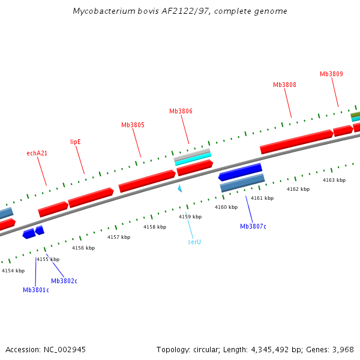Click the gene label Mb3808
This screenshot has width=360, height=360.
tap(284, 85)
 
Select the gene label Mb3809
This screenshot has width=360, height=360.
tap(331, 74)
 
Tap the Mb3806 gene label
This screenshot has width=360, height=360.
tap(181, 111)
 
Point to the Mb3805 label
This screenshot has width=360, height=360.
tap(133, 125)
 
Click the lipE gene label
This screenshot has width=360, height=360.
tap(76, 142)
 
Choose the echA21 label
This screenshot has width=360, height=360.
tap(37, 154)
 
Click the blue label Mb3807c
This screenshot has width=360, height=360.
tap(253, 226)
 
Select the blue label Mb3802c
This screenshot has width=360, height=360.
tap(64, 281)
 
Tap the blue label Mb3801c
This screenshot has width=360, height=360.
tap(36, 290)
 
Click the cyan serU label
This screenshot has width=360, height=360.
tap(194, 242)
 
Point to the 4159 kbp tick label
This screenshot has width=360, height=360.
tap(190, 217)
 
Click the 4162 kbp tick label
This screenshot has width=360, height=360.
tap(298, 189)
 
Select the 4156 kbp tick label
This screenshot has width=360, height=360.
tap(83, 248)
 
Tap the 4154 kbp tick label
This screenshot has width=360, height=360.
tap(13, 271)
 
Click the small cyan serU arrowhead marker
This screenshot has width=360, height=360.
tap(179, 188)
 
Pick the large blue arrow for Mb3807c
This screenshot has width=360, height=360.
tap(240, 172)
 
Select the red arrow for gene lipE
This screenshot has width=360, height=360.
tap(91, 197)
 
